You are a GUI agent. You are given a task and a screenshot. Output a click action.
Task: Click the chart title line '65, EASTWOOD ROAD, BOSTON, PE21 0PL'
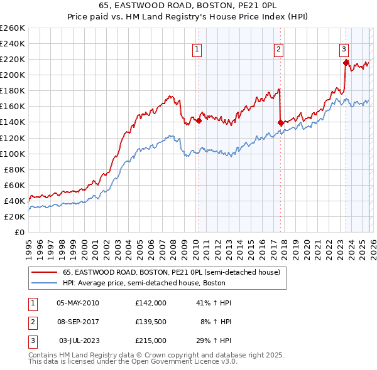pos(188,6)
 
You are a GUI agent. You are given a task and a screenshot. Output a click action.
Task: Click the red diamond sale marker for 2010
pos(199,120)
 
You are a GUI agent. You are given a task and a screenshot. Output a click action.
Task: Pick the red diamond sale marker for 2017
pos(280,122)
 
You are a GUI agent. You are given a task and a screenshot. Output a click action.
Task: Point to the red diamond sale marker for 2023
pos(346,63)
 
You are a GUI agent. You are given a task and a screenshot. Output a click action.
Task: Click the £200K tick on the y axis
pos(12,75)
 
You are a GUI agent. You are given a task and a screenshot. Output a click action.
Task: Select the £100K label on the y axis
pos(12,154)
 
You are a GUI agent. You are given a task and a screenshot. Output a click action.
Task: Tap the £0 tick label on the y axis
pos(20,232)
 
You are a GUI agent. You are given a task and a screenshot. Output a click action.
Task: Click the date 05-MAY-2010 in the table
pos(78,303)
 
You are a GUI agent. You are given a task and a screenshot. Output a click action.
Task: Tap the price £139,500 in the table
pos(150,322)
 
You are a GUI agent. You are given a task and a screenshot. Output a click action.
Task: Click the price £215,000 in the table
pos(150,341)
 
